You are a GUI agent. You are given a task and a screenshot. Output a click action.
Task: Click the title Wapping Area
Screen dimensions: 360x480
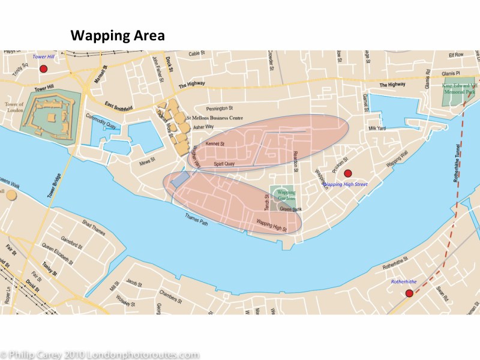tap(118, 35)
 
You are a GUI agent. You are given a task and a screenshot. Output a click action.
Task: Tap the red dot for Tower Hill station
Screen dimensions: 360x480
tap(43, 68)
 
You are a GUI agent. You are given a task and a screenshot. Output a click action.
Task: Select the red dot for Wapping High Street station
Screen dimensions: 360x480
tap(347, 173)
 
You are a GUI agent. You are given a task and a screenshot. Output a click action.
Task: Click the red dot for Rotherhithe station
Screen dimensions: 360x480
tap(409, 293)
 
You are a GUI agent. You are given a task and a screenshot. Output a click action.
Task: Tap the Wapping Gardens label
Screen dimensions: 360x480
tap(286, 196)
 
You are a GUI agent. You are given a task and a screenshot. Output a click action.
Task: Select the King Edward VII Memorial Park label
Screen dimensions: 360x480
tap(459, 90)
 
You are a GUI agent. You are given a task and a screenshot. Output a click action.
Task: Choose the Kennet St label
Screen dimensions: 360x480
tap(214, 145)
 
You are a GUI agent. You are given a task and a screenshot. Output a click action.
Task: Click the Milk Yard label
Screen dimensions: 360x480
tap(377, 128)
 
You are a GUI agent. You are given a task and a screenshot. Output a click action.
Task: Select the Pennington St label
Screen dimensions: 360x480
tap(218, 109)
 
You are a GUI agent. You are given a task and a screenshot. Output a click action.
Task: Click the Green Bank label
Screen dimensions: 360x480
tap(290, 209)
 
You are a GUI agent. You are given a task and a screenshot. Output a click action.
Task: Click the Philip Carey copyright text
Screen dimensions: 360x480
tap(100, 355)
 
